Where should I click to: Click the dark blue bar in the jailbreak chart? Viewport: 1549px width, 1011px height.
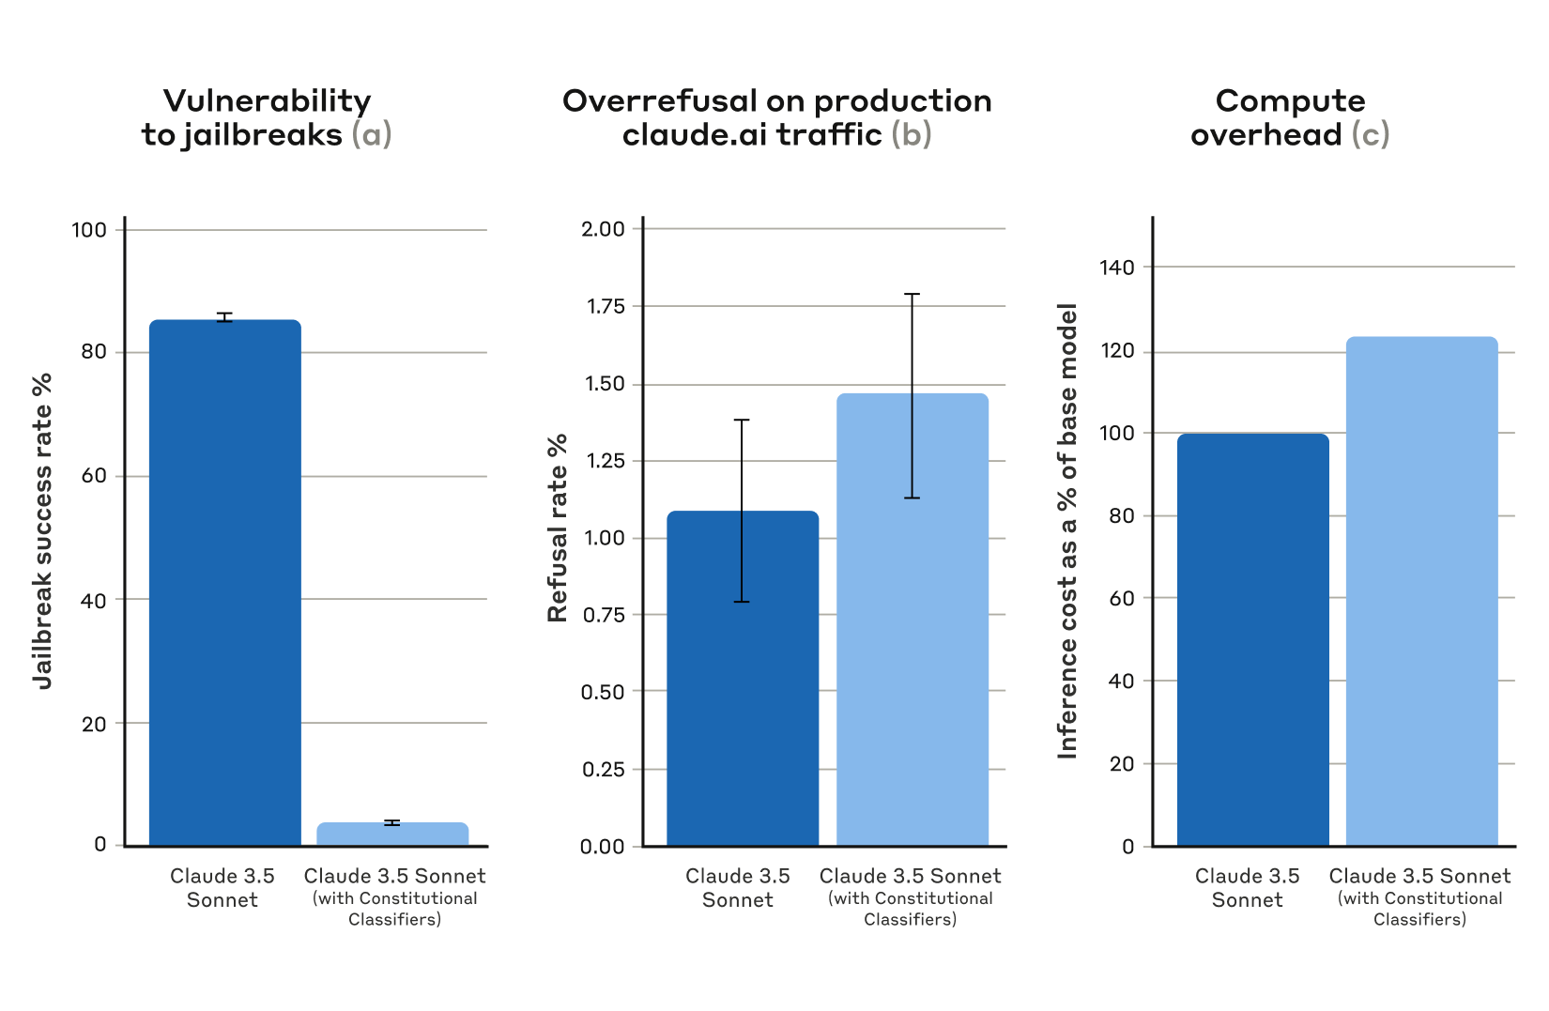225,582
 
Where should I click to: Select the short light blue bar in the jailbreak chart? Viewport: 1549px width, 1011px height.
392,835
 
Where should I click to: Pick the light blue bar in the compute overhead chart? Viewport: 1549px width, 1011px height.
1421,591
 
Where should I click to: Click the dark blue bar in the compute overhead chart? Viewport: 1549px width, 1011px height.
1252,639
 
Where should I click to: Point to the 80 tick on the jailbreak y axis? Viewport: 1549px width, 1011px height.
94,352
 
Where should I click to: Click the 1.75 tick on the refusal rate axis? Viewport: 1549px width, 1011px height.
606,306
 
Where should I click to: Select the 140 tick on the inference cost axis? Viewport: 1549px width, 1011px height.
1116,268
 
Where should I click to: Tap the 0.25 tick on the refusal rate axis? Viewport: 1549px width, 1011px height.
604,769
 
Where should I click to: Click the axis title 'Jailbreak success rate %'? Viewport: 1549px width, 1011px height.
42,531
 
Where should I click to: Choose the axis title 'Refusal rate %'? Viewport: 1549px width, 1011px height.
558,528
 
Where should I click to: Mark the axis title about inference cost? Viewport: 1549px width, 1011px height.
1067,531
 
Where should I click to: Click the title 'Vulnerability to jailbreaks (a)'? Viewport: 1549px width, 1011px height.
267,117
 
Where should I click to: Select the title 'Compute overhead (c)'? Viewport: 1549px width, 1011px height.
1290,117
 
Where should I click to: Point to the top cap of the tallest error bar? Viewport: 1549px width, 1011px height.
912,295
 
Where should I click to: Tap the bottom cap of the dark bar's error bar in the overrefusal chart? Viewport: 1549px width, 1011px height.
742,602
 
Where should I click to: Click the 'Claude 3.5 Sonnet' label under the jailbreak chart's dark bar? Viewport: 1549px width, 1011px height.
222,887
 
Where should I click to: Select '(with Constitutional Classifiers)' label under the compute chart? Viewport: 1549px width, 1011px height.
1419,909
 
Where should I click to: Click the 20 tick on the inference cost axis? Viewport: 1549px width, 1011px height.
1122,764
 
